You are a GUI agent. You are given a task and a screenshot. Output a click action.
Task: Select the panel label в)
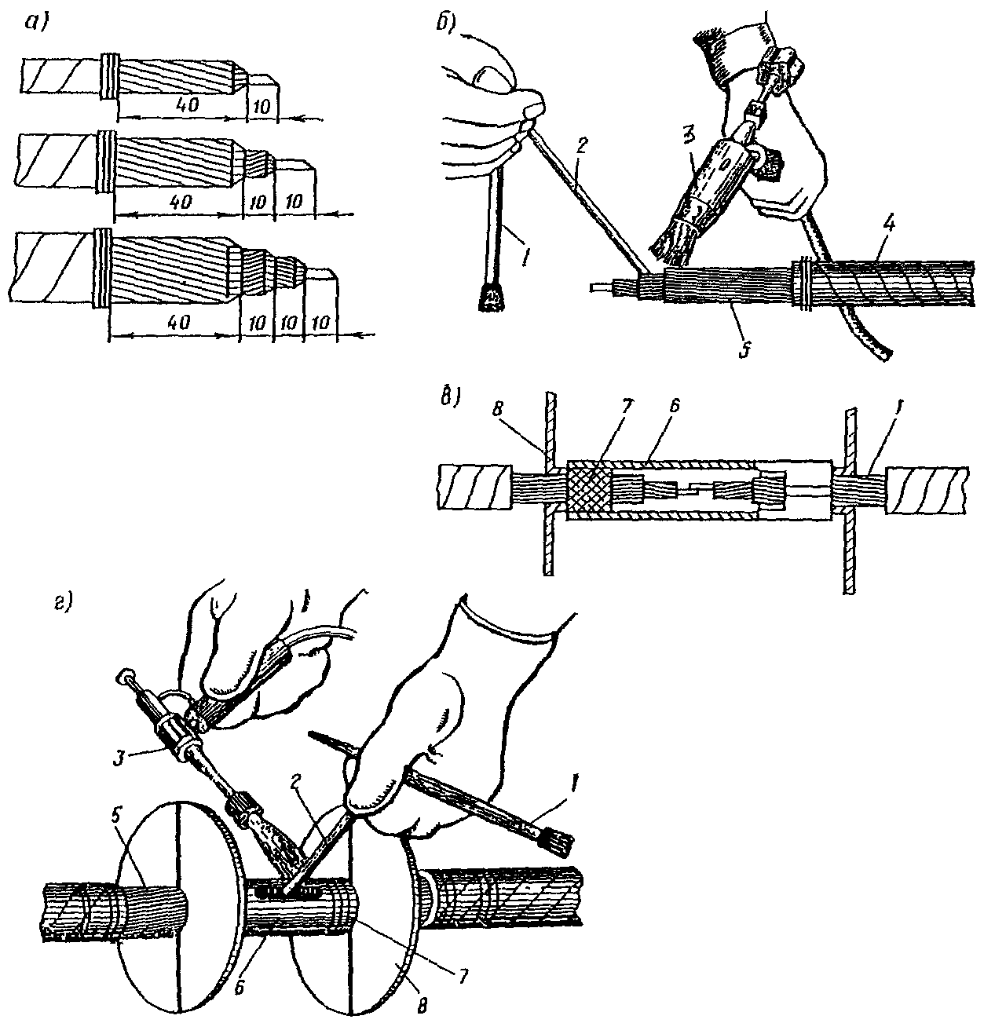click(x=449, y=398)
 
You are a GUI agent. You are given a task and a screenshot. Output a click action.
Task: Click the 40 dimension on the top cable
click(x=188, y=105)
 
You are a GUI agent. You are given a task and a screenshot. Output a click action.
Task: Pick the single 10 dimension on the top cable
click(x=261, y=107)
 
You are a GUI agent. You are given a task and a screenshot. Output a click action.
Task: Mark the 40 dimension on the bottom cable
click(x=179, y=322)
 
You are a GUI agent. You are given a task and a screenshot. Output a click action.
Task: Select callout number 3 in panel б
click(x=690, y=137)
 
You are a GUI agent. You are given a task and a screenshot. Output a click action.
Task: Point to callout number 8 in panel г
click(x=422, y=1005)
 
